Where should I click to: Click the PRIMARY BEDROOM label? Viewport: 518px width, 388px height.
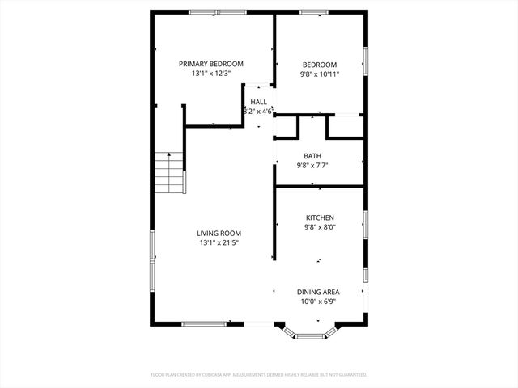[210, 64]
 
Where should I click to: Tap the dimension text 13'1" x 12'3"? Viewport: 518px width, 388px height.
[210, 74]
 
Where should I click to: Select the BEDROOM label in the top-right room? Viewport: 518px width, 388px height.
[320, 65]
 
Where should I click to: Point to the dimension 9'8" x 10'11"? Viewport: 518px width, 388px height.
[320, 74]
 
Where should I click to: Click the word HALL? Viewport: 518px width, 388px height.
[258, 102]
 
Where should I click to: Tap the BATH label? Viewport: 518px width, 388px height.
[312, 156]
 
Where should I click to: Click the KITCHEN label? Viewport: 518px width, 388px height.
[320, 217]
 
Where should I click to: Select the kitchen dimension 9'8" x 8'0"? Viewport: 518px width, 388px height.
[320, 227]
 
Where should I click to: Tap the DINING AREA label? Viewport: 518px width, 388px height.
[318, 292]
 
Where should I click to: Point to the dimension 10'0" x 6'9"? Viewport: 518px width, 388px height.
[318, 302]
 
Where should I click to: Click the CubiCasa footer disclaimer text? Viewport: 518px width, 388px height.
[259, 375]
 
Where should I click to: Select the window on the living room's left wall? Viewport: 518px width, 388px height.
[151, 259]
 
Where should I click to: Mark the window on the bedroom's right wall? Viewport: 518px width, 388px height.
[365, 61]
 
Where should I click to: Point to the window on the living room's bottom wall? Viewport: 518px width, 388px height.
[203, 324]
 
